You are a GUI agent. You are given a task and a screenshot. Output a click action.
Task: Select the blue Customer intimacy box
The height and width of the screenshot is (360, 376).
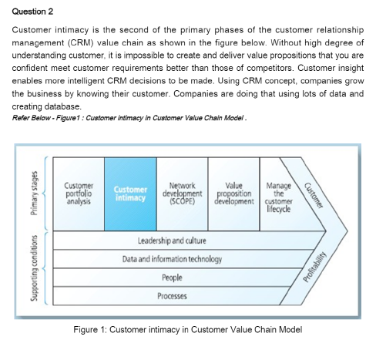(130, 193)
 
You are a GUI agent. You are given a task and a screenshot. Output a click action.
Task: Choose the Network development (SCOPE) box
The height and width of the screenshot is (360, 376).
(182, 193)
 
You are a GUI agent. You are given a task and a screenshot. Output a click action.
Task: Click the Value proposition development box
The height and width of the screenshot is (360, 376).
(233, 193)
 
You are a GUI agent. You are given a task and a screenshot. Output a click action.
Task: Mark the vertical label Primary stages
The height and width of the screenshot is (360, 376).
(33, 193)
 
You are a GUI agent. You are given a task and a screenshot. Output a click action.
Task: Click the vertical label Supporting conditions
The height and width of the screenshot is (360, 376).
(33, 268)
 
